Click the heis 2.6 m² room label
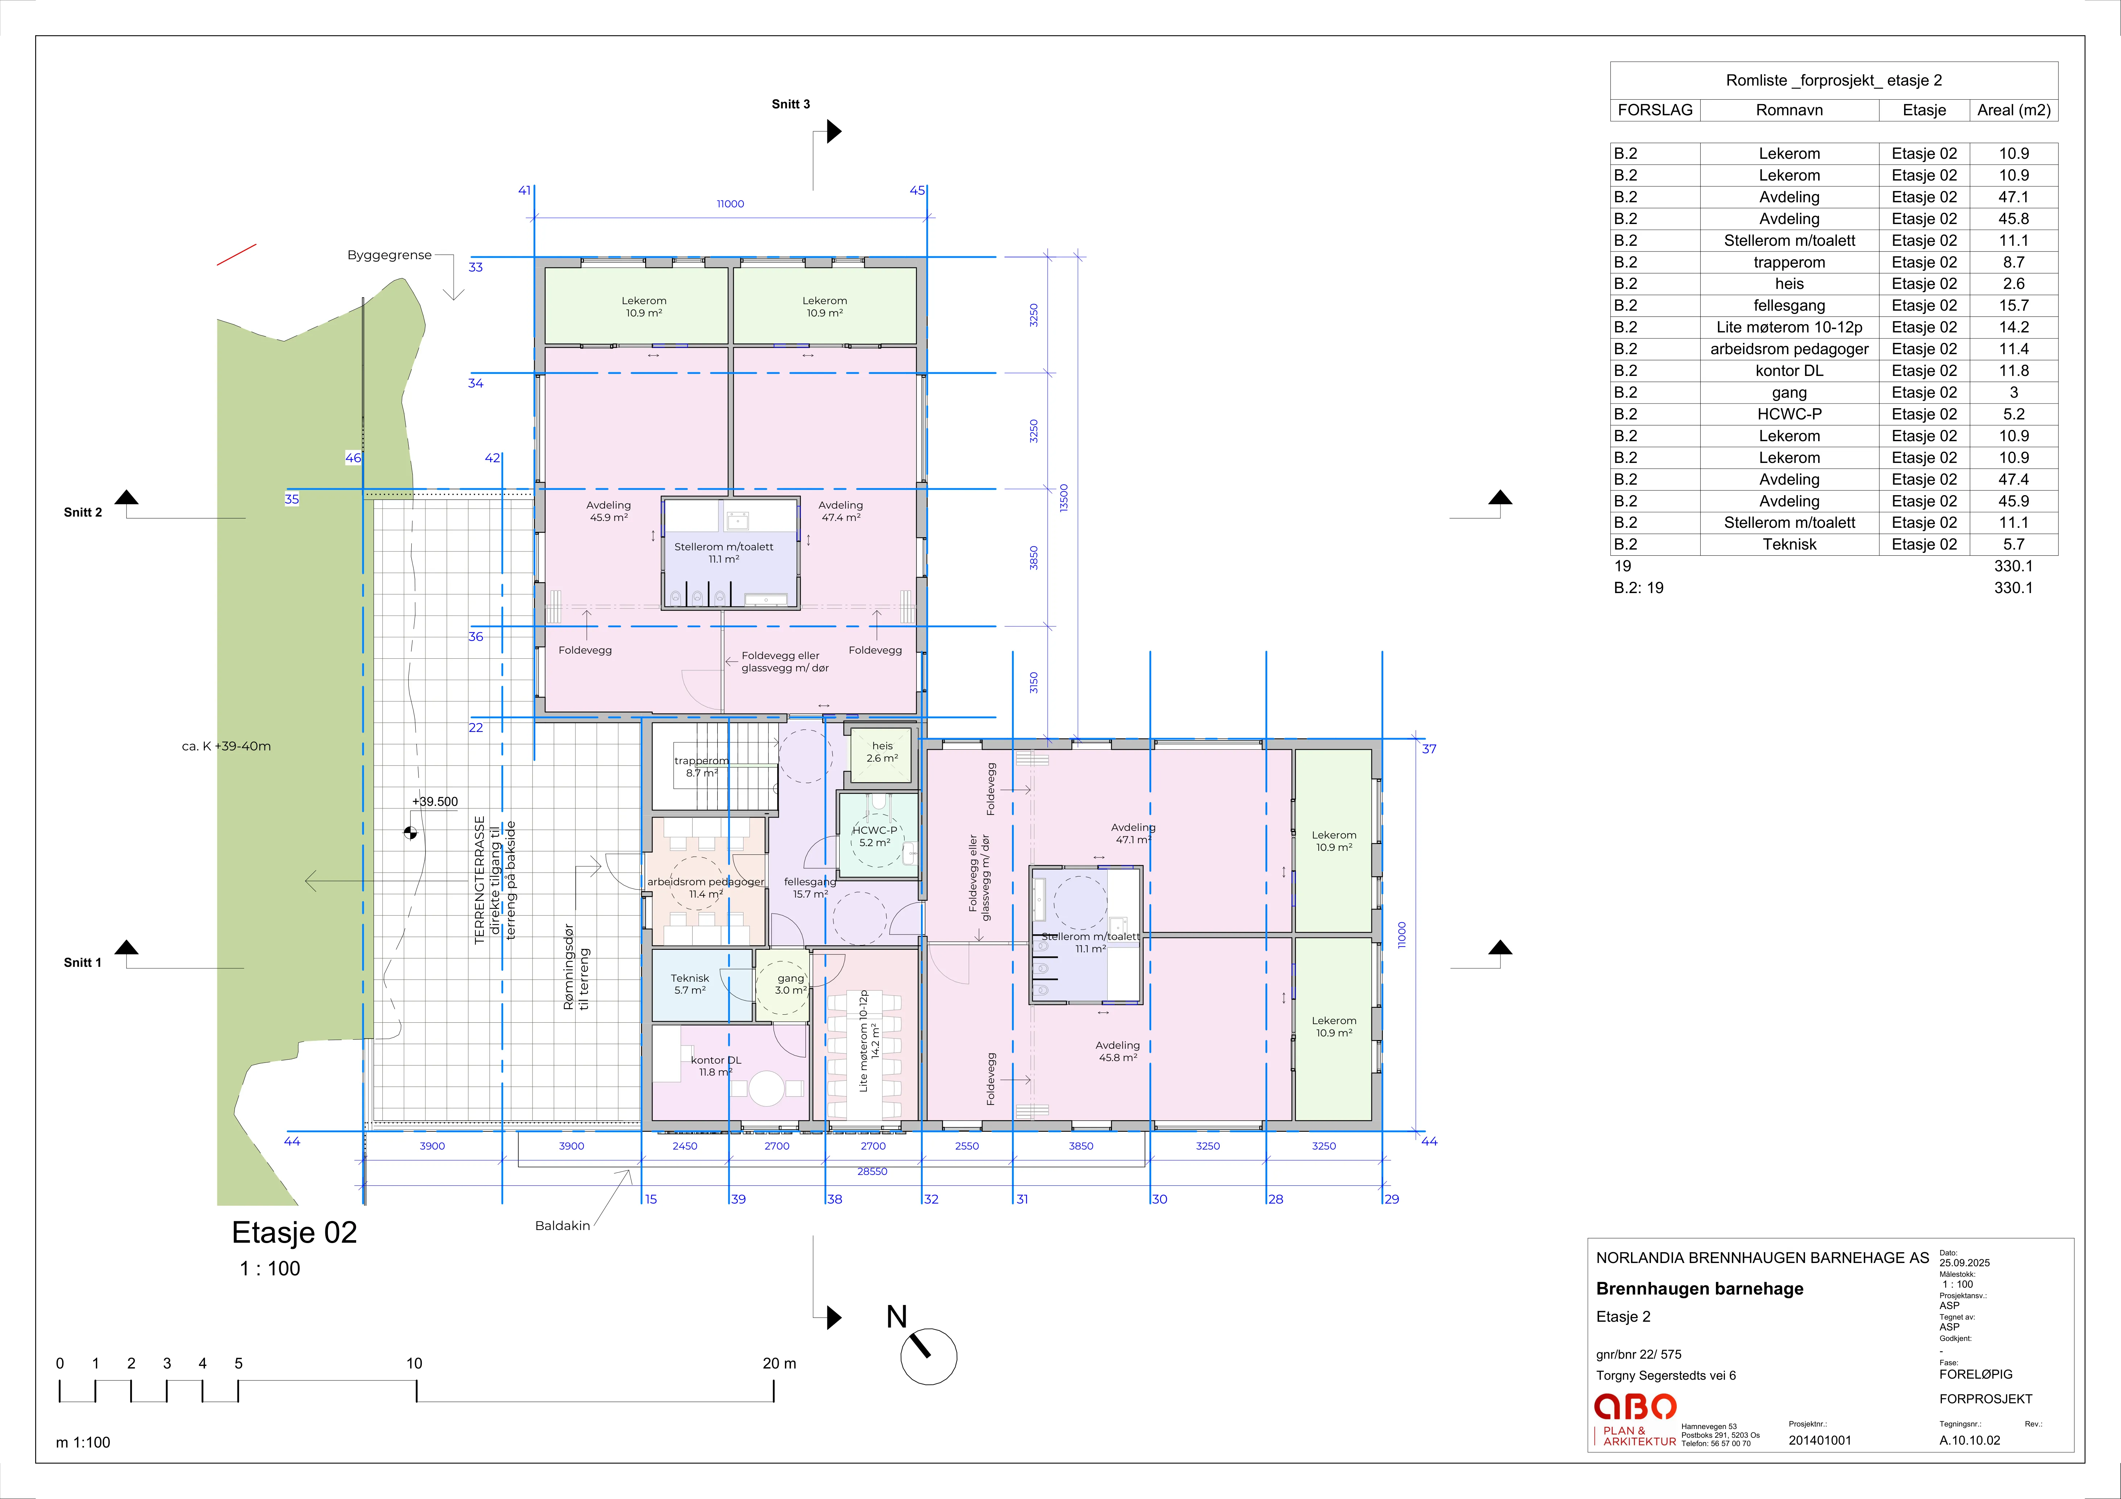(882, 752)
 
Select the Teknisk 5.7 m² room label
(690, 984)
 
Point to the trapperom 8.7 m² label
(701, 767)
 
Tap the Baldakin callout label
(563, 1226)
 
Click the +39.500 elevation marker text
(435, 802)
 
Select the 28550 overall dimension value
(872, 1171)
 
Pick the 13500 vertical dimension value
(1063, 499)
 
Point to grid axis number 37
(1429, 749)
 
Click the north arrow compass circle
(928, 1357)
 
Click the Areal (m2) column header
(2014, 110)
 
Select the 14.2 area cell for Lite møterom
(2014, 327)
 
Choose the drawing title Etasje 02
(294, 1232)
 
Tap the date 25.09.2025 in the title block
(1965, 1263)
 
